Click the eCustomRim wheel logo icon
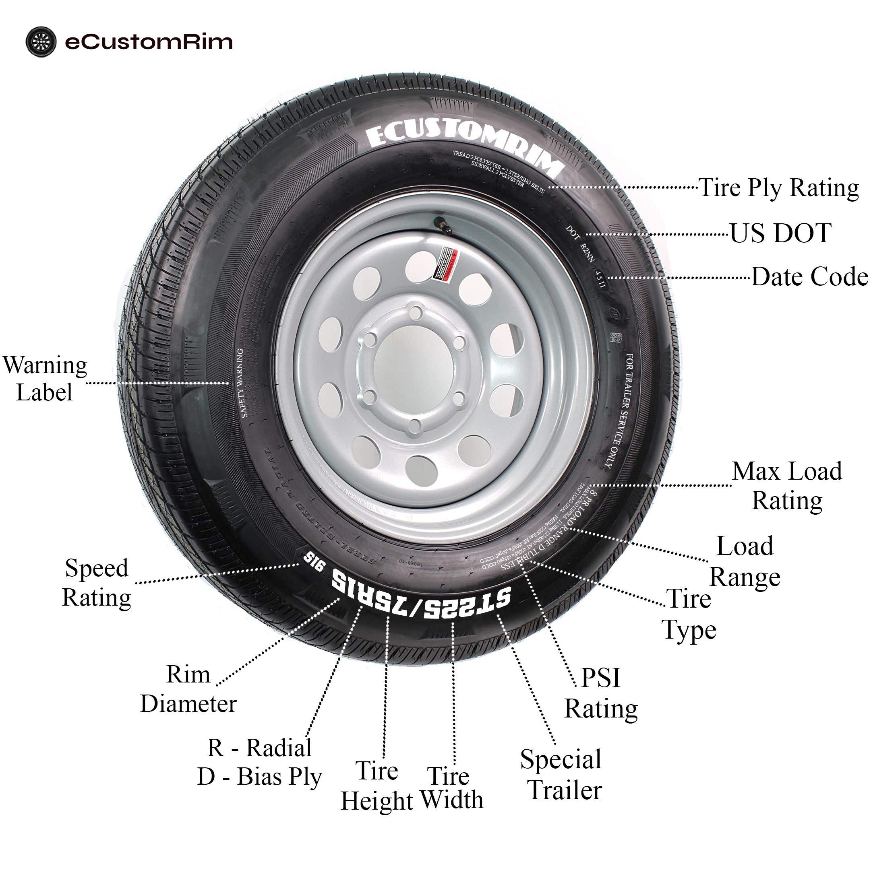(x=41, y=42)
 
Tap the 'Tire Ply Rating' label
(x=778, y=188)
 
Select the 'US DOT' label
(x=780, y=233)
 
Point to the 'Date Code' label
(x=809, y=276)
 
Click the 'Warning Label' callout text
(x=45, y=378)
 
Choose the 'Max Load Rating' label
(x=787, y=486)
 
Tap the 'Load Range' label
(x=745, y=561)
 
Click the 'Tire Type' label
(x=689, y=614)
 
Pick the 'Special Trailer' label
(x=562, y=775)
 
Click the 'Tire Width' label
(x=451, y=788)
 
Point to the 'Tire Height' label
(x=377, y=786)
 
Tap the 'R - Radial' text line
(x=259, y=748)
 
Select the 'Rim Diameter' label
(x=188, y=689)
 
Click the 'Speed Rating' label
(x=97, y=583)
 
